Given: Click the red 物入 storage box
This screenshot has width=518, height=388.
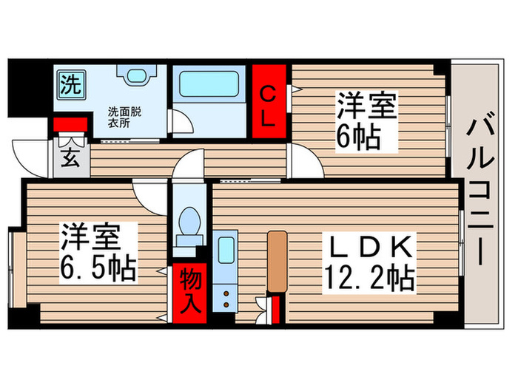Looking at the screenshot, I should click(x=189, y=290).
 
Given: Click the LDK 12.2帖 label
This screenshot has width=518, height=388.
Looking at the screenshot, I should click(x=368, y=263).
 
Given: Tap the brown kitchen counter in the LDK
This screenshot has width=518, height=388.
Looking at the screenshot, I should click(x=277, y=260).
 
